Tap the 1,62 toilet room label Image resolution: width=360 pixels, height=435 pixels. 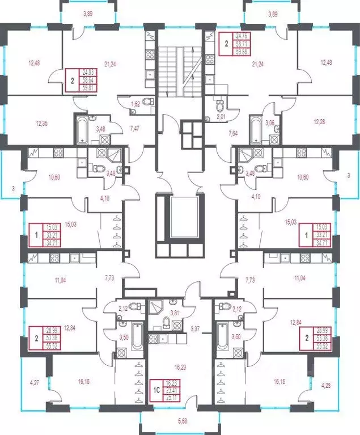point(135,105)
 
